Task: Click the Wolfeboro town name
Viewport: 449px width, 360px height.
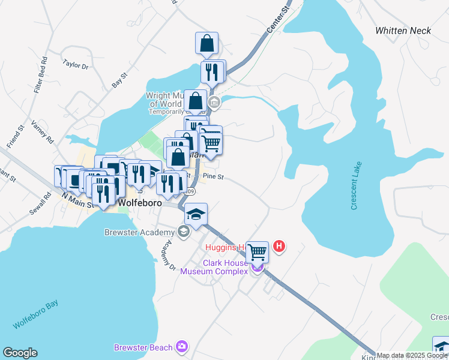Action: [141, 203]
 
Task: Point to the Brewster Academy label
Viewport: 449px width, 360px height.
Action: [140, 232]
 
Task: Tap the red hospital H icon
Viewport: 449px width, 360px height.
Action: [279, 246]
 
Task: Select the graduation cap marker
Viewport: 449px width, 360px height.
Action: [196, 212]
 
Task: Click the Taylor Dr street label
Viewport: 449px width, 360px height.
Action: [76, 64]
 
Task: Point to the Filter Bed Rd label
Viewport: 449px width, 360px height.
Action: [41, 75]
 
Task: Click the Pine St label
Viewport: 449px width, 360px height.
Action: [213, 177]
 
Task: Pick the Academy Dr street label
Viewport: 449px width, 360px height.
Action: [167, 256]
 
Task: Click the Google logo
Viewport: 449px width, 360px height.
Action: [20, 353]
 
